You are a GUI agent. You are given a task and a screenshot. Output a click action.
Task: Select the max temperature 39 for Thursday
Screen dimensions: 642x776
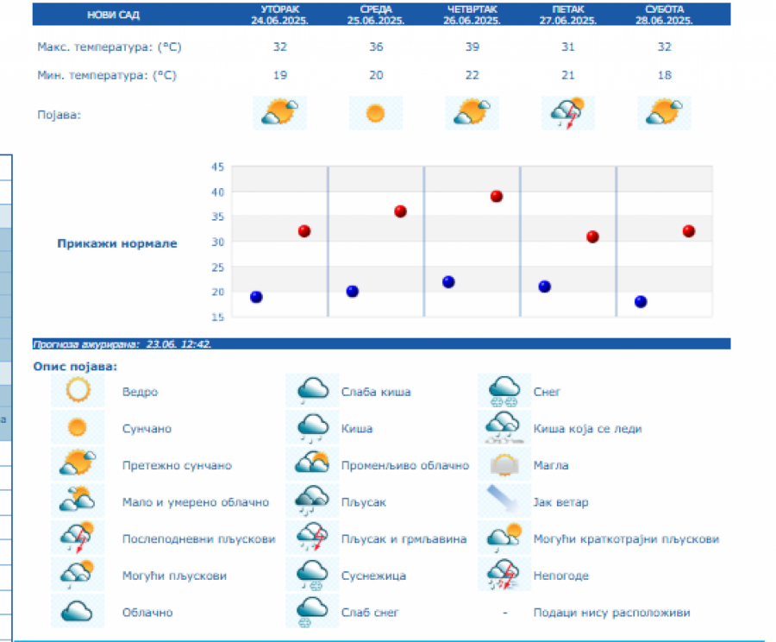[x=472, y=47]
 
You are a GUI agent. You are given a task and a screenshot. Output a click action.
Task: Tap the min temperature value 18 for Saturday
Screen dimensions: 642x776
[x=664, y=75]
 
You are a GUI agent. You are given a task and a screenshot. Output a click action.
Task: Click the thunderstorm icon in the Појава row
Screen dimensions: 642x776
[x=567, y=113]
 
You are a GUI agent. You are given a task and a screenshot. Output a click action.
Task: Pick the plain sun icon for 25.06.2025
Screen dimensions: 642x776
[x=375, y=113]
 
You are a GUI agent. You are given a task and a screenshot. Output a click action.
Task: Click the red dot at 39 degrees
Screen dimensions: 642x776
[x=497, y=196]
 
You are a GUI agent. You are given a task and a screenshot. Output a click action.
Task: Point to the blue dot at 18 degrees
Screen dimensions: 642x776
[x=641, y=301]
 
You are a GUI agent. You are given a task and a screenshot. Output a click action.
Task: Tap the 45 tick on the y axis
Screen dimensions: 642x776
[x=217, y=167]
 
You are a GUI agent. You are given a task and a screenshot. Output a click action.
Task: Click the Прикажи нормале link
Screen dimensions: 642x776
[x=117, y=243]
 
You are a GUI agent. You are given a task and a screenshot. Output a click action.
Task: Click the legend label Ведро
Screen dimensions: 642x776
[x=140, y=392]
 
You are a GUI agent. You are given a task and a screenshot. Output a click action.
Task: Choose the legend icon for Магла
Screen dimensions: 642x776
[x=504, y=465]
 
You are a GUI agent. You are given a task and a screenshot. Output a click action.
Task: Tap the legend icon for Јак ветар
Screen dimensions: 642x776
[x=504, y=501]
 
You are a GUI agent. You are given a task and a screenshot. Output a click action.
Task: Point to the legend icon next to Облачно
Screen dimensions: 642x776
[x=78, y=611]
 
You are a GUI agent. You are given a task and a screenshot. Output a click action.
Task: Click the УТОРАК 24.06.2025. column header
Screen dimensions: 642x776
[x=279, y=15]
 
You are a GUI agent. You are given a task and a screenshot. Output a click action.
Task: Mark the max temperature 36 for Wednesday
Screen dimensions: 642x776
[x=376, y=47]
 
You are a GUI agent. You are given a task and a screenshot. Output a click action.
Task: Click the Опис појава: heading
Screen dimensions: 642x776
[x=74, y=366]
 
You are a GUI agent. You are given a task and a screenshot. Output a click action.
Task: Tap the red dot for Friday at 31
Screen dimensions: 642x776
[x=592, y=236]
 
